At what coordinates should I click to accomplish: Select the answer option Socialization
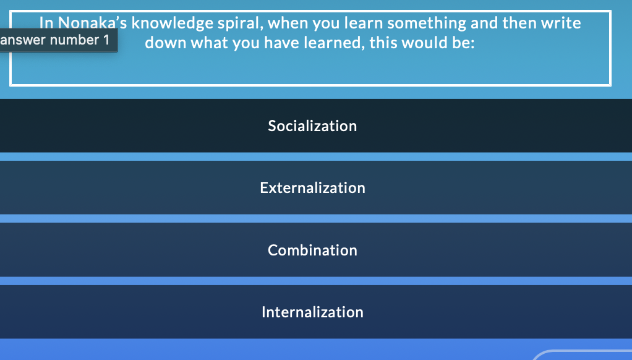tap(312, 126)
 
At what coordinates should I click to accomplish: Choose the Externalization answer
tap(312, 187)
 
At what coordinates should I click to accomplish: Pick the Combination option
tap(312, 250)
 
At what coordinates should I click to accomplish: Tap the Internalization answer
tap(312, 312)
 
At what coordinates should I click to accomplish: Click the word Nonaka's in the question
tap(92, 24)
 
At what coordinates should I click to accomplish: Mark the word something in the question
tap(427, 24)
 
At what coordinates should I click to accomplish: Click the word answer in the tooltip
tap(23, 40)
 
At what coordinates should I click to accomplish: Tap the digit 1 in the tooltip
tap(106, 40)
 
